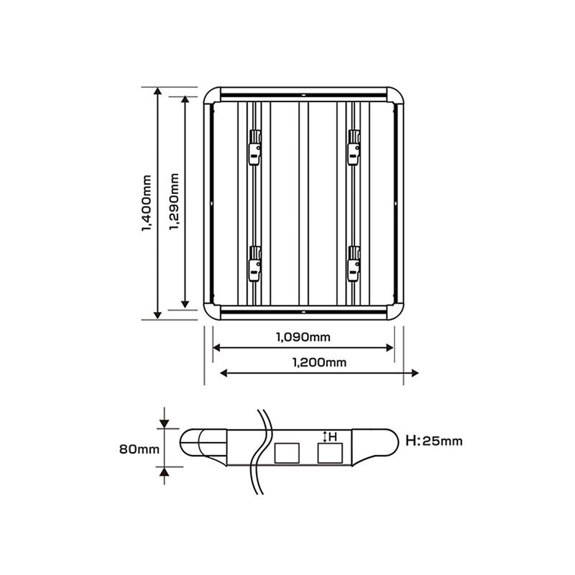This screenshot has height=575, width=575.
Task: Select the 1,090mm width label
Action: pyautogui.click(x=303, y=336)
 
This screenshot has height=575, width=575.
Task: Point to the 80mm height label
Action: pyautogui.click(x=138, y=449)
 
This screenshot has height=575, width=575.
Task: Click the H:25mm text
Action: pyautogui.click(x=434, y=441)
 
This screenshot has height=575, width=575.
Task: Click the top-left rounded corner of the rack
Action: pyautogui.click(x=213, y=96)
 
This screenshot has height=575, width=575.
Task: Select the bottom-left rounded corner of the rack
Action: pyautogui.click(x=213, y=310)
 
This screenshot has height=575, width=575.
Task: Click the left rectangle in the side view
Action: pyautogui.click(x=287, y=453)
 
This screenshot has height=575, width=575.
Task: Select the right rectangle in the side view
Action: pyautogui.click(x=331, y=453)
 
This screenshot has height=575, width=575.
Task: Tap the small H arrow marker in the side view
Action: pyautogui.click(x=325, y=436)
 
